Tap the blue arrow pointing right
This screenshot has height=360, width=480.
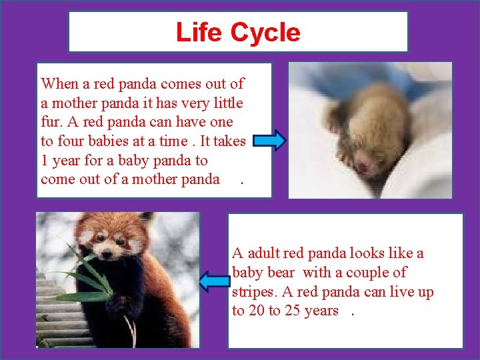point(270,141)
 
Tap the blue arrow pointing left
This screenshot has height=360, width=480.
point(215,281)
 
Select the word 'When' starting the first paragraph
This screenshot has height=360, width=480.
point(59,84)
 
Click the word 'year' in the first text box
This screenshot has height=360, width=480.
point(69,161)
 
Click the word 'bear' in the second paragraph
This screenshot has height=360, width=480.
point(284,273)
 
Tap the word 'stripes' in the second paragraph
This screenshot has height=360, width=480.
point(254,292)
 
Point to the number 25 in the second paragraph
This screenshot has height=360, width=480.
point(292,311)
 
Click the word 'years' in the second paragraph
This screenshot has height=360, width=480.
point(321,311)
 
